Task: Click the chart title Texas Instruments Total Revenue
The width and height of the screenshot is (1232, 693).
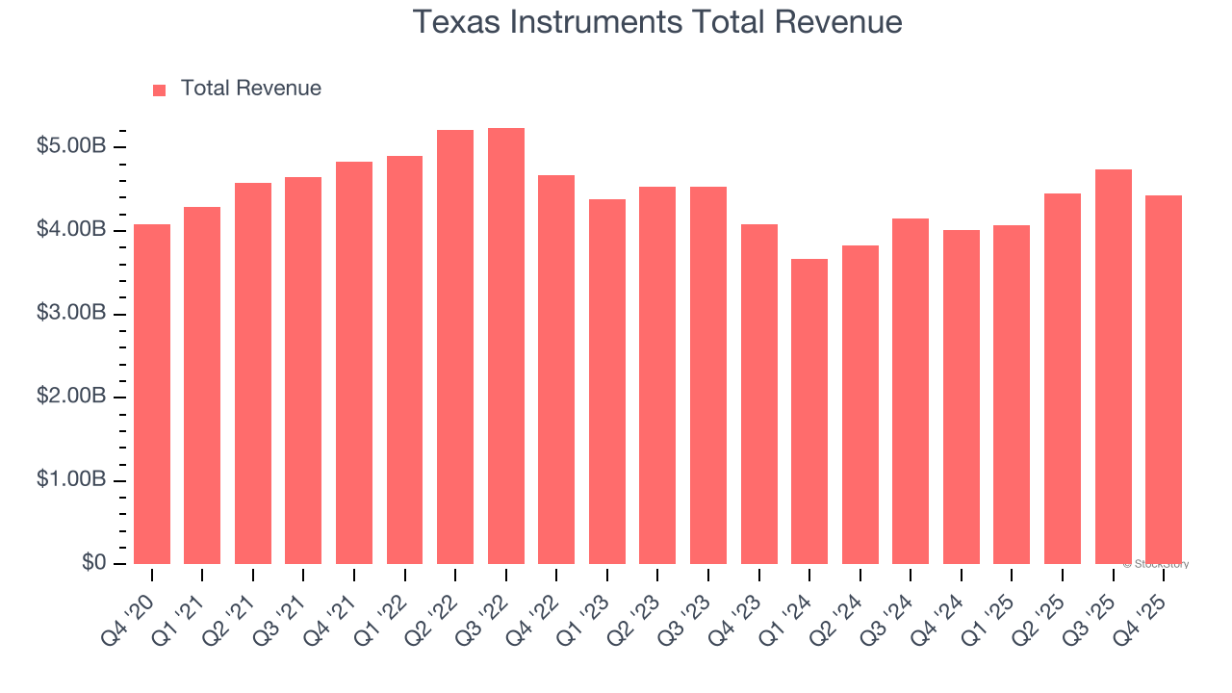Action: (x=657, y=22)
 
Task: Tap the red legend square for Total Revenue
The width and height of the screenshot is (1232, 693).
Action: (x=160, y=90)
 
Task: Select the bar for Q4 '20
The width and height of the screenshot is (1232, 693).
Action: (x=152, y=394)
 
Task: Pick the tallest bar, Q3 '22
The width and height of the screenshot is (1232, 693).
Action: (x=506, y=346)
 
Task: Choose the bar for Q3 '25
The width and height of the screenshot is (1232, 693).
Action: (x=1113, y=367)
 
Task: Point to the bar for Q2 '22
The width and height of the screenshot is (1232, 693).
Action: (x=455, y=346)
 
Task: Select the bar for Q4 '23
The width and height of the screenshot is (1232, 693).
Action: (x=759, y=394)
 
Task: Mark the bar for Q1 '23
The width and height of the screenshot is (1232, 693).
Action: (x=607, y=381)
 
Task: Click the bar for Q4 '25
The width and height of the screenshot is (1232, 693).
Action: (x=1164, y=379)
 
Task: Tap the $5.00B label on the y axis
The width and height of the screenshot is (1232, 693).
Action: (x=71, y=147)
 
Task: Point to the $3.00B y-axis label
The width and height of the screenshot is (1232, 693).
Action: (x=71, y=314)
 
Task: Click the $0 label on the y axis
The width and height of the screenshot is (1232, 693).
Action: (x=92, y=563)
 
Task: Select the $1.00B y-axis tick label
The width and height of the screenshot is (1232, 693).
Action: (x=71, y=480)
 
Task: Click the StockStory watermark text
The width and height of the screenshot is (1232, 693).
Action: (x=1156, y=564)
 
